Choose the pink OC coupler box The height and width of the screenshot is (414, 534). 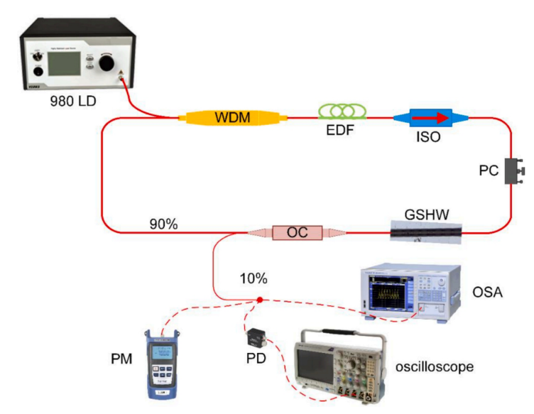pos(296,231)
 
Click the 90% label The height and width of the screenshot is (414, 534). pos(163,224)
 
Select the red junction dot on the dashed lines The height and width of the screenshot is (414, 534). pos(260,301)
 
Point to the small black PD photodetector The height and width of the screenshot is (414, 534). pos(255,335)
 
